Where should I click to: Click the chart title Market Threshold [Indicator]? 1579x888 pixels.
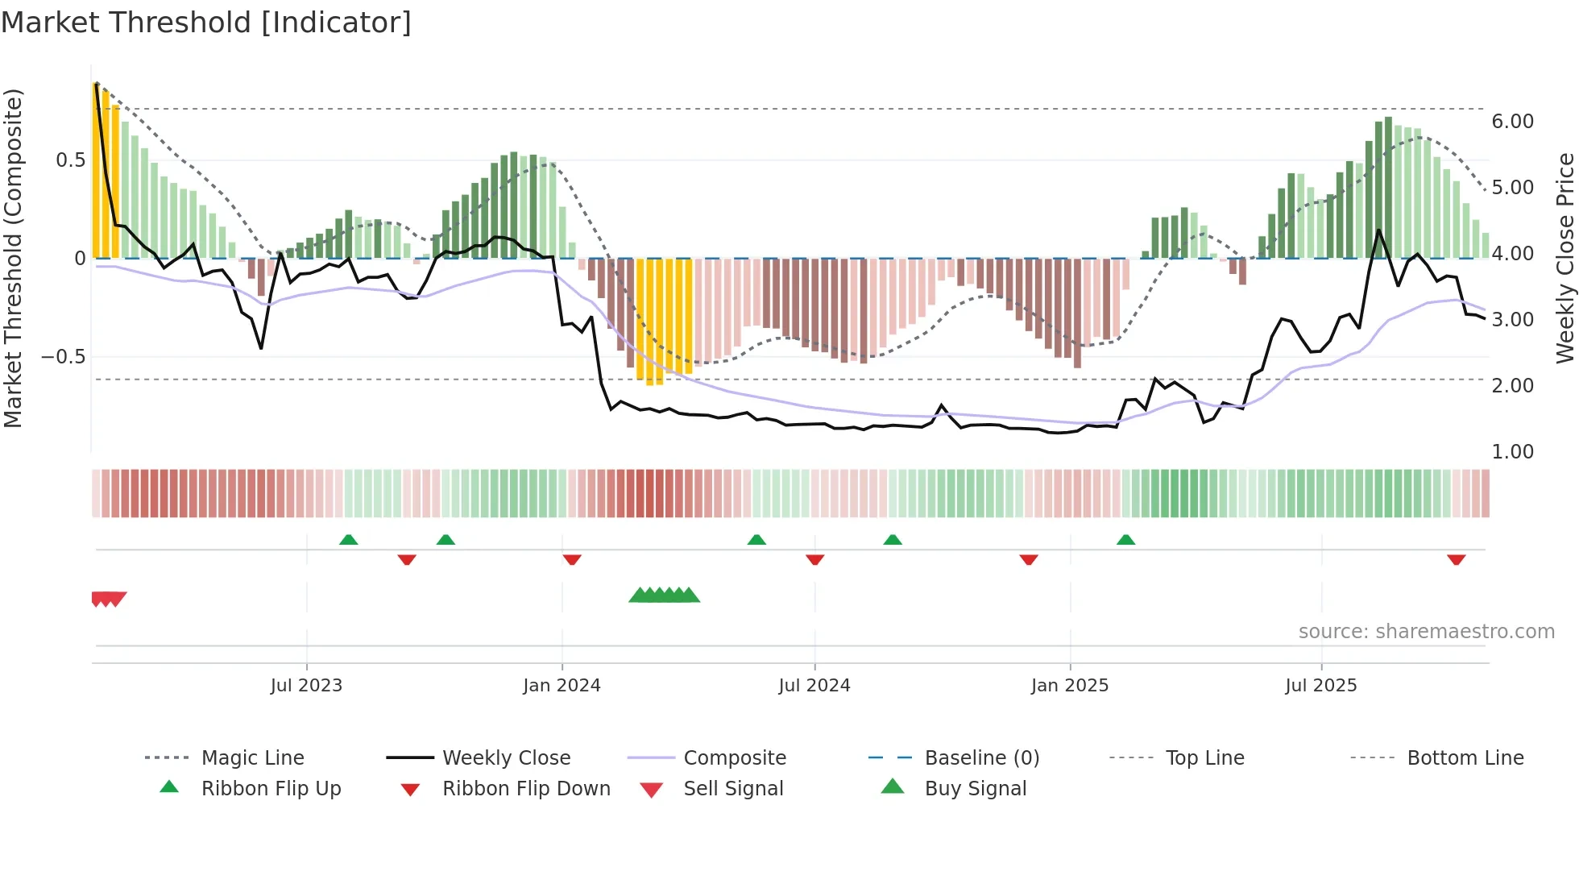206,23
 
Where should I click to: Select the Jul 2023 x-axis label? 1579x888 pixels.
306,686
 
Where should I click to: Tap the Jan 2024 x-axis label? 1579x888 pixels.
562,686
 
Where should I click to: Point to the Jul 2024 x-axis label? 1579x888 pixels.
814,686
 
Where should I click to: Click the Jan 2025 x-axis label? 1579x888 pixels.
1069,686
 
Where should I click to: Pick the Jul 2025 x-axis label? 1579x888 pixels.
1320,686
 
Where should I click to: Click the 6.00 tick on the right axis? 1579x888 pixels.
1512,122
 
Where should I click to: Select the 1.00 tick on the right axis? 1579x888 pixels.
1512,452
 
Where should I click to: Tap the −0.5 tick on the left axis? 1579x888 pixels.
63,357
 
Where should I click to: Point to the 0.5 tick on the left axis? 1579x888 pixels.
70,160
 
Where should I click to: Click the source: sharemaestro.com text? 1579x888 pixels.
1426,632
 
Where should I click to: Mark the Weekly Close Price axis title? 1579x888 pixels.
1564,258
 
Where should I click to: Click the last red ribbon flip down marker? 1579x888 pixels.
1456,560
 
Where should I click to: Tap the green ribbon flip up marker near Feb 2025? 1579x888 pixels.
1125,540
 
